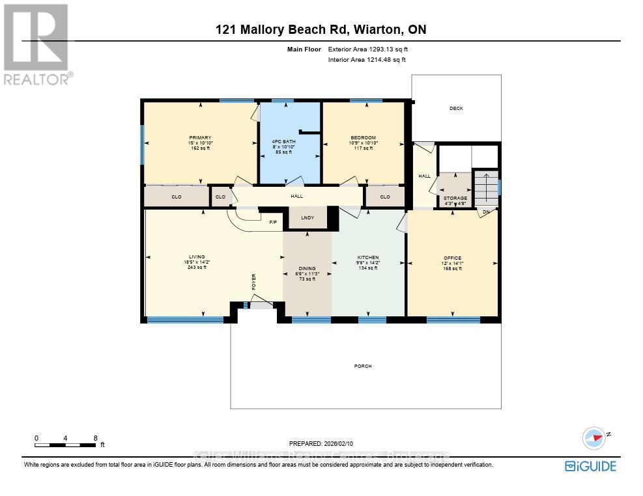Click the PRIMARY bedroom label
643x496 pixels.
[200, 137]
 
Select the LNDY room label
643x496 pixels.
[307, 218]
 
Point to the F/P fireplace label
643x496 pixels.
[274, 223]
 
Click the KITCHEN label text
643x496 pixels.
[368, 257]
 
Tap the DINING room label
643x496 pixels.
[307, 268]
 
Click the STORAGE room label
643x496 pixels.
[455, 198]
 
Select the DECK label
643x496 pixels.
[456, 108]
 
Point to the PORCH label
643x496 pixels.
[363, 366]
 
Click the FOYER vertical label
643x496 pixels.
[254, 282]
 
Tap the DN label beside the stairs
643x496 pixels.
[486, 212]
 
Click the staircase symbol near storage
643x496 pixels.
[485, 187]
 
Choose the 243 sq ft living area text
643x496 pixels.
[197, 268]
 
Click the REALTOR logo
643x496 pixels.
[38, 44]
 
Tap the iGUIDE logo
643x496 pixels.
[590, 465]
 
